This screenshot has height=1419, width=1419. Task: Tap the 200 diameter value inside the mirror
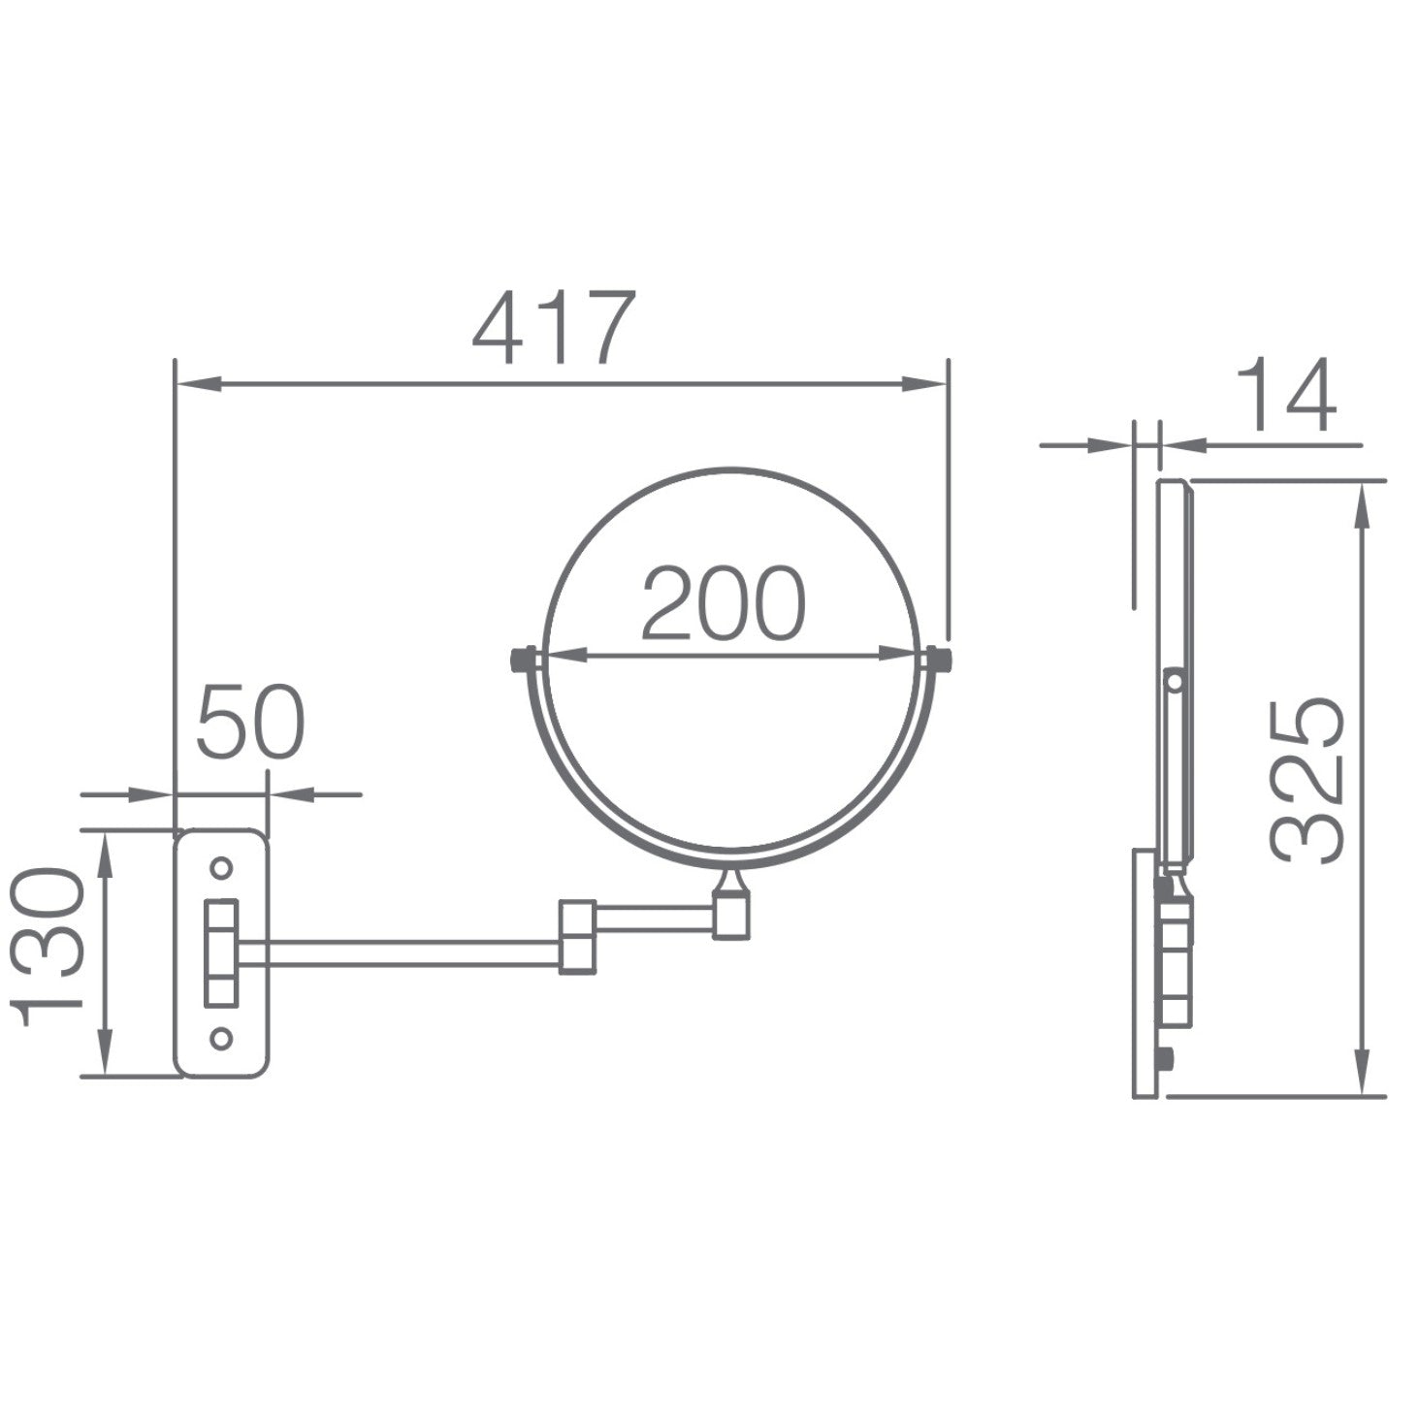pyautogui.click(x=724, y=603)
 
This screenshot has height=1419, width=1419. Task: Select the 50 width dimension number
pyautogui.click(x=251, y=722)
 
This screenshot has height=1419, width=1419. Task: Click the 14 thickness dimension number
pyautogui.click(x=1285, y=395)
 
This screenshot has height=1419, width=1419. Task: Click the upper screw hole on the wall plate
pyautogui.click(x=221, y=867)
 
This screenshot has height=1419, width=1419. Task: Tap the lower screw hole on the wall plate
pyautogui.click(x=221, y=1038)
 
